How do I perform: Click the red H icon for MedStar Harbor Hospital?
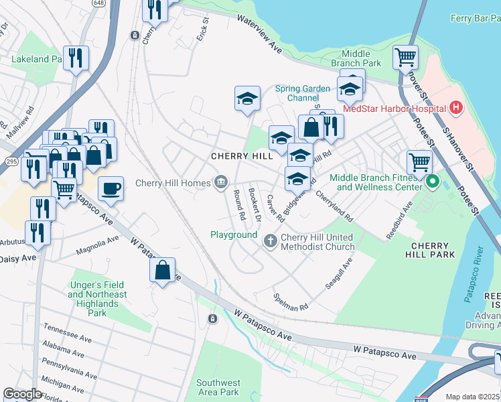[x=456, y=108]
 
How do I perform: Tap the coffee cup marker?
[x=111, y=188]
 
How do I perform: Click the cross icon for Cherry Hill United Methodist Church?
[x=270, y=241]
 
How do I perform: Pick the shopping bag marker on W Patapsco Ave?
[x=162, y=270]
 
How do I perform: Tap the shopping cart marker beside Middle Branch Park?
[x=405, y=57]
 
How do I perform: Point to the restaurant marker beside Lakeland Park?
[x=76, y=58]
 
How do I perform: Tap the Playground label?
[x=234, y=235]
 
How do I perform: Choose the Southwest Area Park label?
[x=218, y=387]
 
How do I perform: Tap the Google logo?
[x=23, y=394]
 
